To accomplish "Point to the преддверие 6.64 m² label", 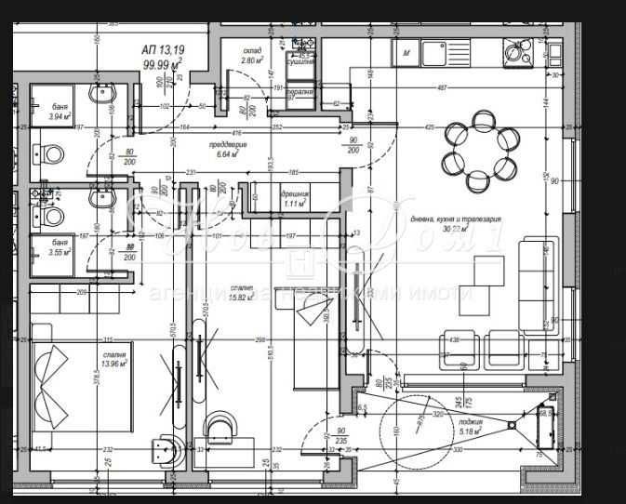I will [228, 151].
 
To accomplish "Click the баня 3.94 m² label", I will [60, 113].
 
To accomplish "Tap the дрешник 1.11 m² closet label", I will [295, 199].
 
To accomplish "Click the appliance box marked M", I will [406, 54].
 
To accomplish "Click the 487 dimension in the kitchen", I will [443, 88].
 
